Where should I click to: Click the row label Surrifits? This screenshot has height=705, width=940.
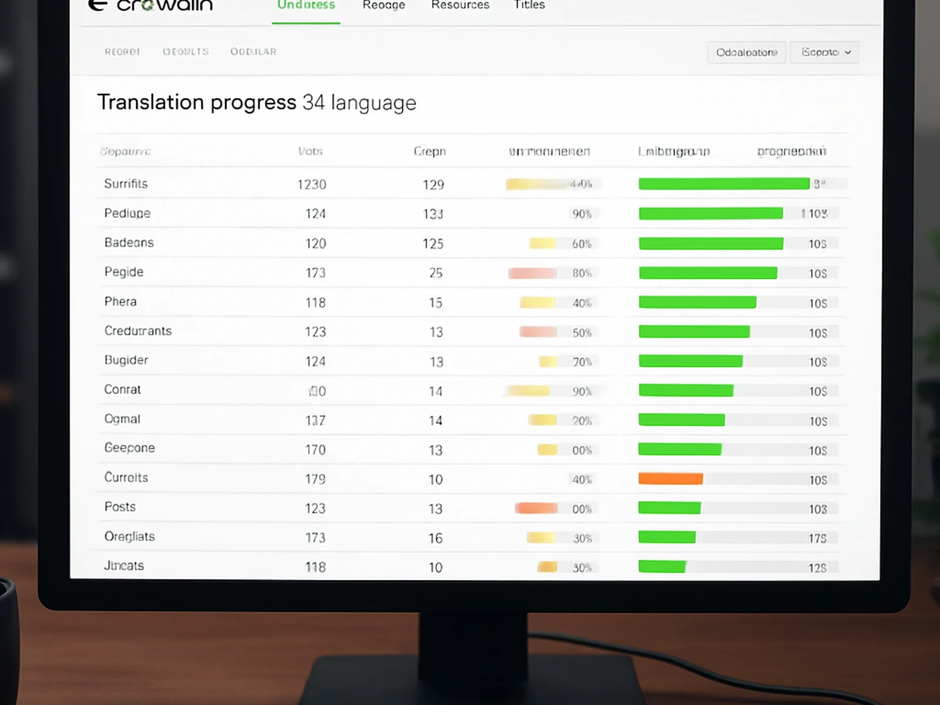coord(126,184)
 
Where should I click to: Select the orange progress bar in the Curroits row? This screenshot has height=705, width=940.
coord(670,479)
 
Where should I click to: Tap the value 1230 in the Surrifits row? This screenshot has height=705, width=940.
coord(311,184)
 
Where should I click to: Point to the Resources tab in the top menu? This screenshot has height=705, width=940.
coord(460,5)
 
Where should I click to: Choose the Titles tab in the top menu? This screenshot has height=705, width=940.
coord(529,5)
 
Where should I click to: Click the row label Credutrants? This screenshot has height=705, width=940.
coord(138,331)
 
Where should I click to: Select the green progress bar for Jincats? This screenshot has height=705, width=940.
coord(662,567)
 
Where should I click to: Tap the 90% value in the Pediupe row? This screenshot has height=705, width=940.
coord(582,214)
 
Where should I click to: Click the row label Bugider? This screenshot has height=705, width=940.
coord(126,360)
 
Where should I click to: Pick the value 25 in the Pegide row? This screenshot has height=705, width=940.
coord(435,273)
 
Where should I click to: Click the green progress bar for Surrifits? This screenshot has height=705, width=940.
coord(724,184)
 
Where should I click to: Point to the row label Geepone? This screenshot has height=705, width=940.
coord(130,448)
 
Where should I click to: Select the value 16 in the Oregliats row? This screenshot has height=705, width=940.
coord(435,538)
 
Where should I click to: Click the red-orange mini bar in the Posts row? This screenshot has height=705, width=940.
coord(536,508)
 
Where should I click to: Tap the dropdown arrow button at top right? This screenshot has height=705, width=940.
coord(848,52)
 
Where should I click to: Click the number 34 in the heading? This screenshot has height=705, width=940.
coord(313,102)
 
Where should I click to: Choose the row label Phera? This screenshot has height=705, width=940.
coord(120,301)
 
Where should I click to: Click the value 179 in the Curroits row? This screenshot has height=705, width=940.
coord(315,479)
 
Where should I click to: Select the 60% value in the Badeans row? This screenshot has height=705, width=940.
coord(582,244)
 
